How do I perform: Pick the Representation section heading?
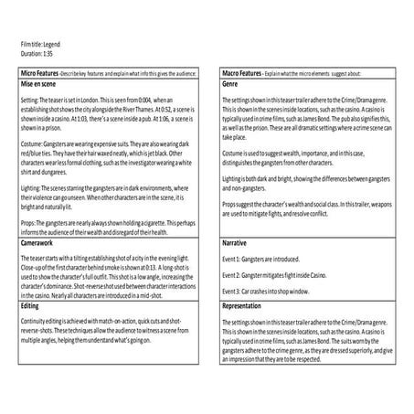(x=245, y=307)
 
